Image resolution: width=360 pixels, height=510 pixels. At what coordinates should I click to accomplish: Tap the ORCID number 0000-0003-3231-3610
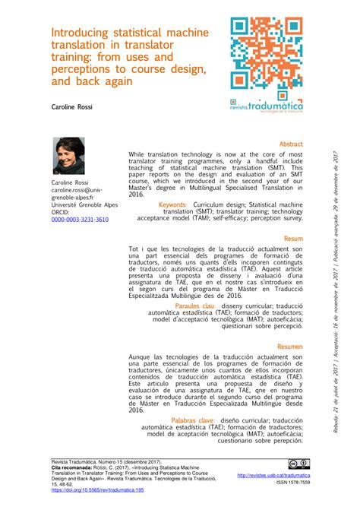[x=80, y=219]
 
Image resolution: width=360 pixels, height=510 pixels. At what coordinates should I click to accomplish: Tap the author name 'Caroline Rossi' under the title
[x=71, y=107]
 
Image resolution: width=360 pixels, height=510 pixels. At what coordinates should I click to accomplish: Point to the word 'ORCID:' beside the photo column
[x=61, y=212]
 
